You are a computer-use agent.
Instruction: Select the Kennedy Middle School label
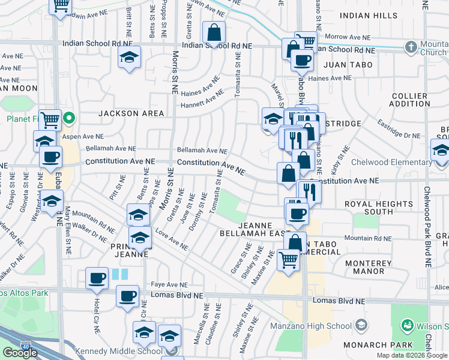coord(113,351)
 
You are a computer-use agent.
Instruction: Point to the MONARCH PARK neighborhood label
coord(378,345)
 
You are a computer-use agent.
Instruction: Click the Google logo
coord(20,352)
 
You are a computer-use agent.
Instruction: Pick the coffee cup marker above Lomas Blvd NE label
coord(127,295)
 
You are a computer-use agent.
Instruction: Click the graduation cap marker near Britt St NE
coord(129,58)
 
